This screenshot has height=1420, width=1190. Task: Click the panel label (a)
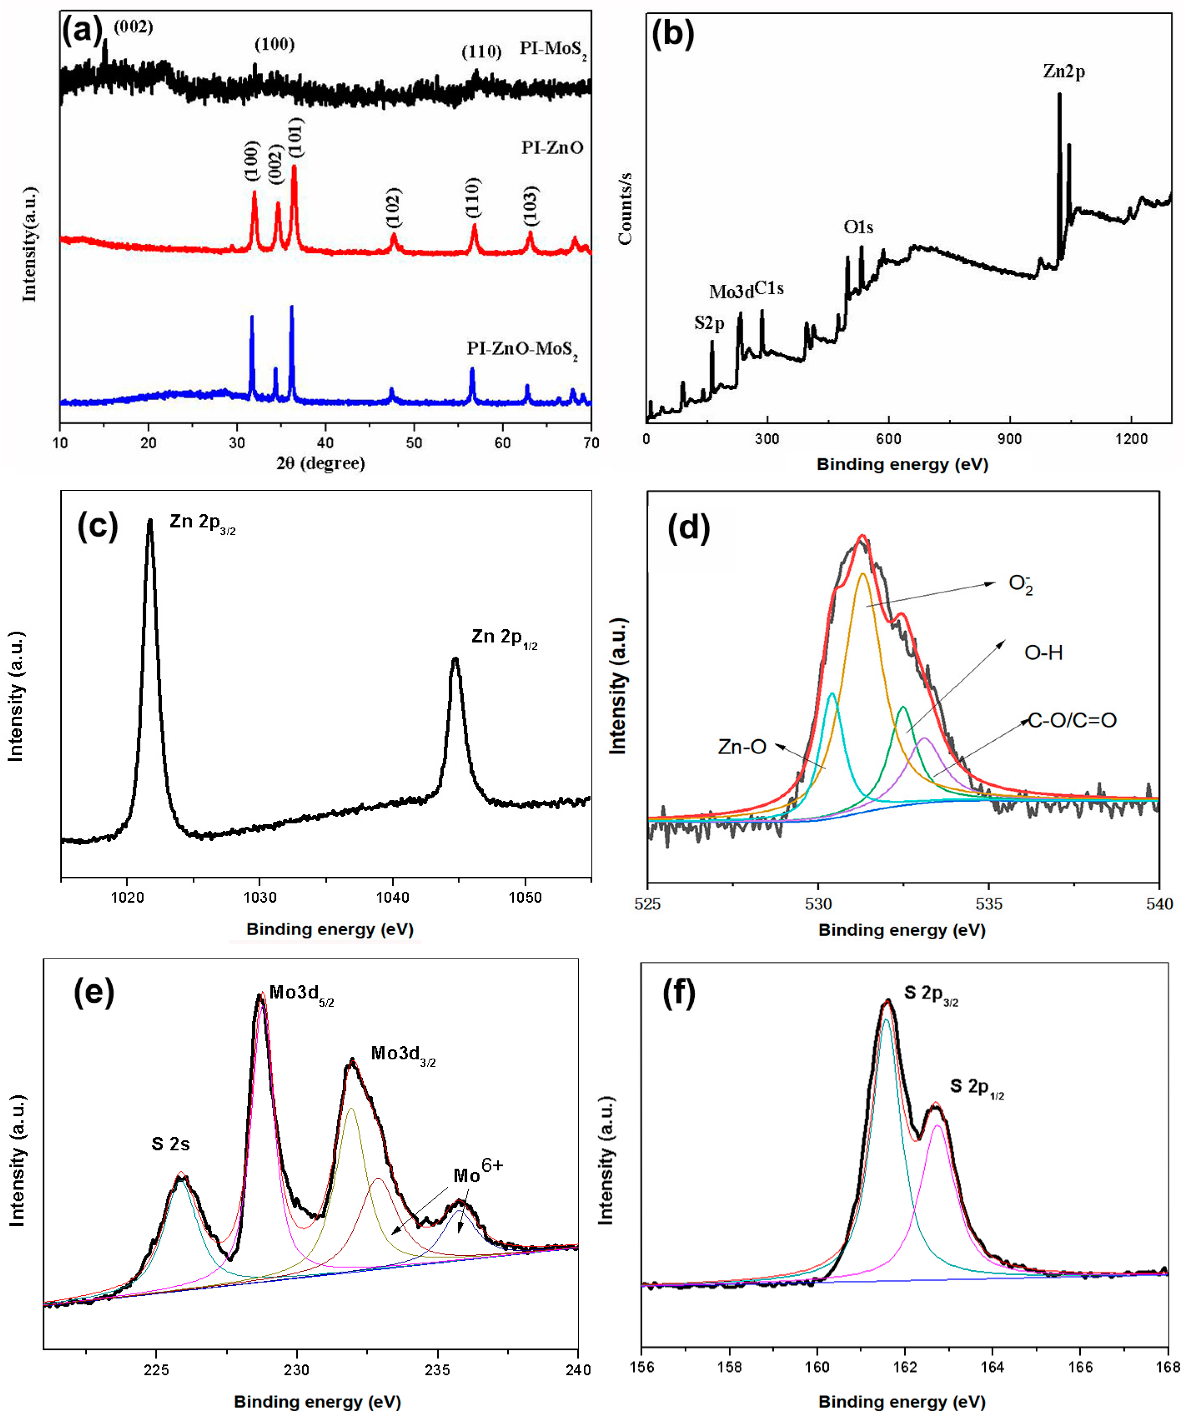(82, 30)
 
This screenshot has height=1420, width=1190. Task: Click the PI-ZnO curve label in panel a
(552, 148)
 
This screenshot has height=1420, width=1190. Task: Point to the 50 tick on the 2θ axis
(414, 442)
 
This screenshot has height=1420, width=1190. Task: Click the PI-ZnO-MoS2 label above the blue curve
(522, 350)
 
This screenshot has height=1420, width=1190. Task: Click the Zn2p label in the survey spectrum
(1064, 71)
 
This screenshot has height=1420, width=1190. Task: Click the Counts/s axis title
(625, 208)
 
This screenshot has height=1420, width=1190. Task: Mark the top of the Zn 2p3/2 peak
(150, 521)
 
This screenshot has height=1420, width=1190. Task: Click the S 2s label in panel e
(171, 1144)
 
